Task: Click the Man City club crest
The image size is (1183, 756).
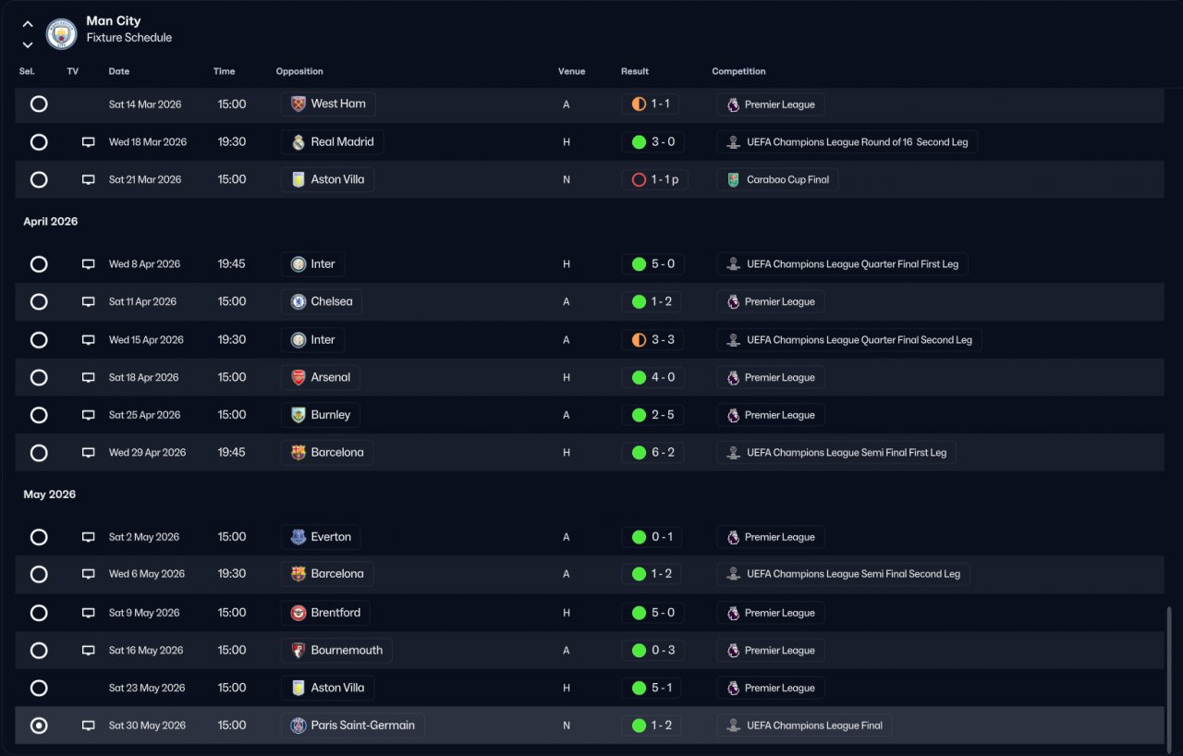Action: (x=61, y=34)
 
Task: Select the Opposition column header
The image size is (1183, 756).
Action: (x=299, y=71)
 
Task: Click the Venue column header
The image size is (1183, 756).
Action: (x=571, y=71)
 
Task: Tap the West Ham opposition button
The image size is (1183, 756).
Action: (x=328, y=104)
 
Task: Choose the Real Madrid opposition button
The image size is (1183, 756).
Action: (x=332, y=142)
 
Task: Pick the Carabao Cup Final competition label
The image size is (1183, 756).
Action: (x=777, y=180)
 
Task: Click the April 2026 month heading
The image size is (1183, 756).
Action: (x=51, y=222)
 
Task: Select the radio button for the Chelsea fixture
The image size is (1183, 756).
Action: (x=39, y=302)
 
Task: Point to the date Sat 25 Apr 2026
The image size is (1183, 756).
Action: (x=144, y=415)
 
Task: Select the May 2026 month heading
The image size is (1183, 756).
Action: (x=49, y=494)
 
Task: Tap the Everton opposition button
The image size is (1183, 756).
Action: (x=321, y=537)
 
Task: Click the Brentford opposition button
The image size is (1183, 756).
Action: (x=325, y=613)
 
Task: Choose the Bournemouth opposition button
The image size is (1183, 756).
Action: (x=336, y=651)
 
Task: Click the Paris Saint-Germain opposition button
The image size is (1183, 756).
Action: (x=352, y=726)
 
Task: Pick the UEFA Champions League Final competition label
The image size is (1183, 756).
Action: (x=804, y=726)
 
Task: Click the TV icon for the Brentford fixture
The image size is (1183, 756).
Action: (x=89, y=613)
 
